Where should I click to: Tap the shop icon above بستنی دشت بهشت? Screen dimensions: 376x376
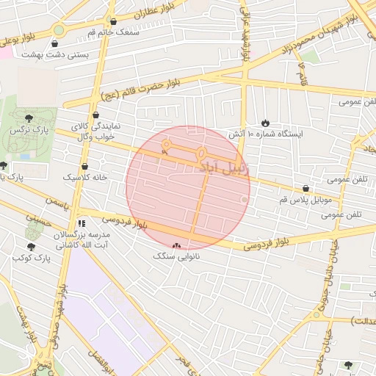(x=55, y=42)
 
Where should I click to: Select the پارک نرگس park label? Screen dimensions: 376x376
(x=27, y=129)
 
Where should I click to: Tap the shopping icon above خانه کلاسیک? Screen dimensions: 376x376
(x=85, y=166)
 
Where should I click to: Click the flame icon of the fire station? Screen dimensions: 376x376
(x=265, y=123)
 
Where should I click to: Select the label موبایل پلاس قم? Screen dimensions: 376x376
(x=305, y=200)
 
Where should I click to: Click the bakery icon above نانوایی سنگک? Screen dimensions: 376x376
(x=176, y=246)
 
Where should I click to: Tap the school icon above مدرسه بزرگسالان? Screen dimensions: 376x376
(x=82, y=222)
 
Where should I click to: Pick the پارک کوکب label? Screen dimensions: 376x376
(x=30, y=259)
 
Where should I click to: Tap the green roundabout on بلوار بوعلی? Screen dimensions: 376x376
(x=58, y=30)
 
